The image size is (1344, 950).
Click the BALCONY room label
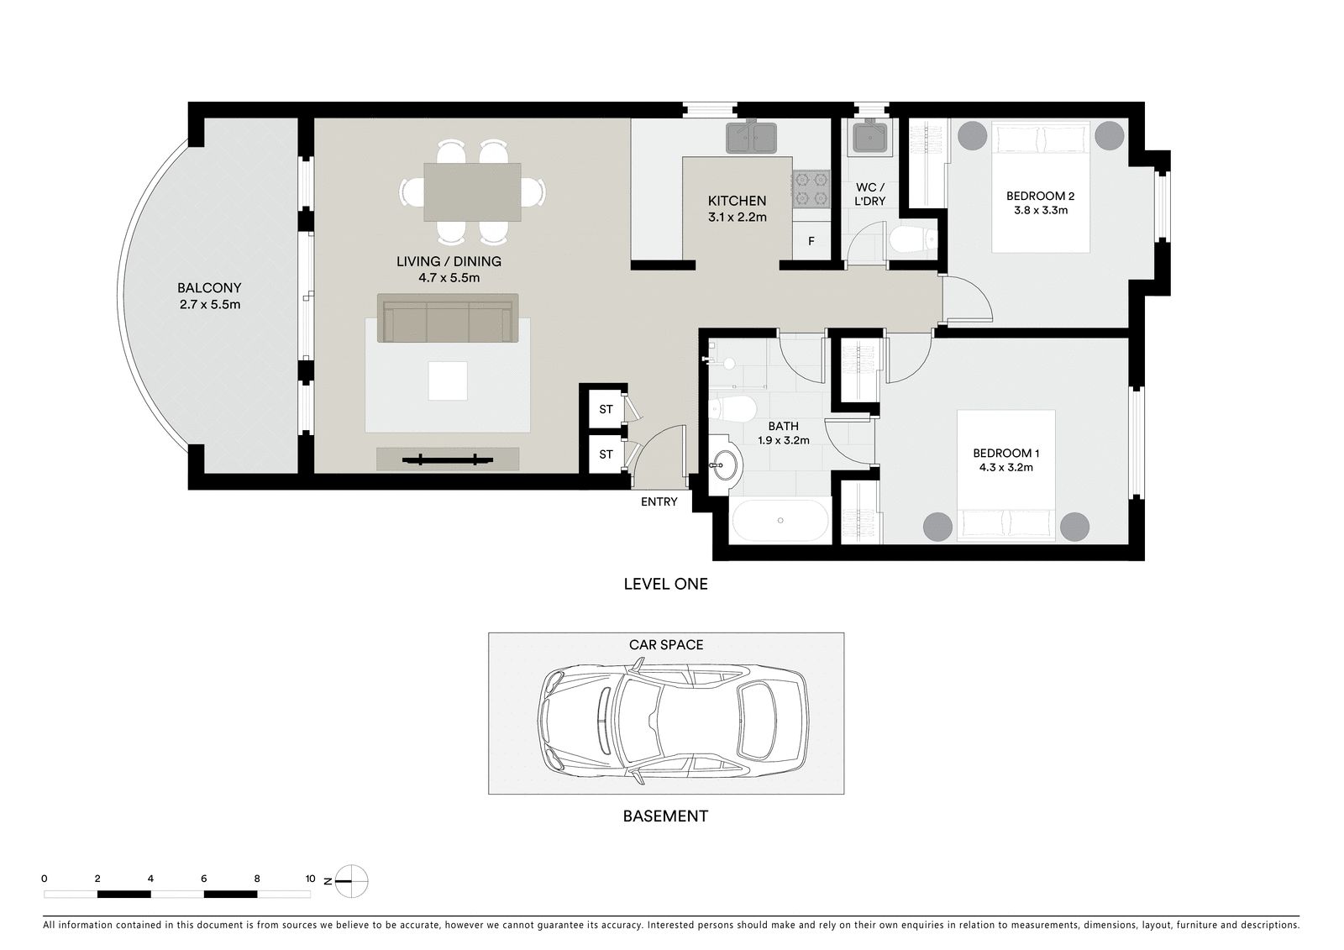(x=209, y=288)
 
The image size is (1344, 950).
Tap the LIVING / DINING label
(x=449, y=262)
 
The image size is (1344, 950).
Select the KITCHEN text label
(x=737, y=201)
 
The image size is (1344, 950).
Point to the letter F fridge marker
(x=811, y=241)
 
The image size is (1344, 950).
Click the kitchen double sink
(x=751, y=138)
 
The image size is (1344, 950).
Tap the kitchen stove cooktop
(x=811, y=189)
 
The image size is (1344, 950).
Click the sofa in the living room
(x=448, y=318)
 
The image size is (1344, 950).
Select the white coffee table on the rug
(x=448, y=381)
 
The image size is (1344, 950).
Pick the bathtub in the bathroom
(x=780, y=520)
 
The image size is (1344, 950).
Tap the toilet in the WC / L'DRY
(x=912, y=241)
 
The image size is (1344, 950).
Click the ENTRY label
(x=659, y=501)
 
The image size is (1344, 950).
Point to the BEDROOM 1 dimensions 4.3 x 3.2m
(x=1006, y=468)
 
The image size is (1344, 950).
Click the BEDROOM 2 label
(x=1041, y=196)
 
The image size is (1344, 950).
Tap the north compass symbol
(x=351, y=882)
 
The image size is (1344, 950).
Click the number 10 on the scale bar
(x=310, y=879)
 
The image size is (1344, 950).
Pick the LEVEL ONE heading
(x=665, y=584)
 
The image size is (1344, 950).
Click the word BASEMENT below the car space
(x=665, y=816)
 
